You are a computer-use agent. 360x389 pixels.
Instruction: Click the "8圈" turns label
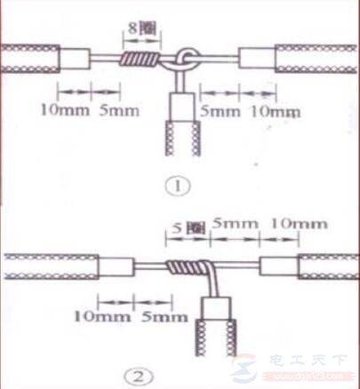[141, 29]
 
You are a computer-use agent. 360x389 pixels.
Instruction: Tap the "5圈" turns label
[188, 228]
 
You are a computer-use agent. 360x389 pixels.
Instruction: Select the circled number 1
[178, 187]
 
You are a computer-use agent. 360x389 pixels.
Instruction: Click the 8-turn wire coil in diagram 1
[140, 59]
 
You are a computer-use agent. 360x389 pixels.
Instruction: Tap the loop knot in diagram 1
[185, 60]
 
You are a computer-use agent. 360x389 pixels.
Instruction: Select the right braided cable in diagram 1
[316, 59]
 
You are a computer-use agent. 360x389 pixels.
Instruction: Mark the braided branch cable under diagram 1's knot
[182, 138]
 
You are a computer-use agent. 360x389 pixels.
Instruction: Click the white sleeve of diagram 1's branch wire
[182, 107]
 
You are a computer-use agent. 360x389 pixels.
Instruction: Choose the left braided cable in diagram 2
[52, 266]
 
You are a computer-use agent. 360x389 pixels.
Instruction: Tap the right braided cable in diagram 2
[328, 266]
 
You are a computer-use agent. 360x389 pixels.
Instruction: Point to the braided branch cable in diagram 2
[216, 337]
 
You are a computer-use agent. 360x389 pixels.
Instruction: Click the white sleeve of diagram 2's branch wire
[216, 308]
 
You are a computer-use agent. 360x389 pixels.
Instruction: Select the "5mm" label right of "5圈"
[235, 224]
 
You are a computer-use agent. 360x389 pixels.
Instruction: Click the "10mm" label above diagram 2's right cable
[299, 224]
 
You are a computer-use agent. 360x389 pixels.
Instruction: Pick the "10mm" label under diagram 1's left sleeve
[65, 110]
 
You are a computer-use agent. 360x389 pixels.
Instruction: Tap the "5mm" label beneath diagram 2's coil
[164, 317]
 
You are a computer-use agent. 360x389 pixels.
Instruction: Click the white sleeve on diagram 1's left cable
[75, 59]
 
